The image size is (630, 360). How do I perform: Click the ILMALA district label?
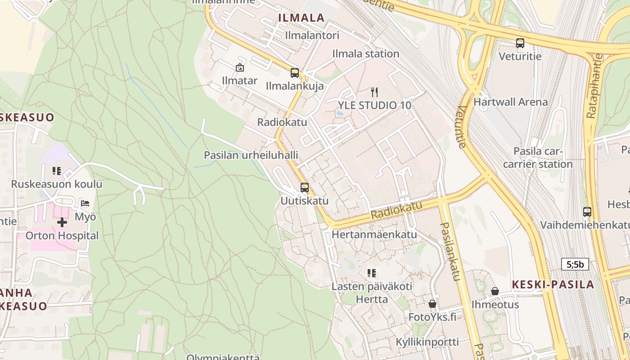point(301,18)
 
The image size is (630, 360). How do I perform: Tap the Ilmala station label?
point(365,54)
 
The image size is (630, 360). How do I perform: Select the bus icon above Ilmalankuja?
point(295,72)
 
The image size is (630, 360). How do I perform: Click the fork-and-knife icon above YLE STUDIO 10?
point(374,92)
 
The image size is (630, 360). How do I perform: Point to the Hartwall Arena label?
point(510,102)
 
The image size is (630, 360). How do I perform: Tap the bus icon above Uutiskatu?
point(305,188)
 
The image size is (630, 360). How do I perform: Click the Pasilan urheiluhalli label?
point(251,155)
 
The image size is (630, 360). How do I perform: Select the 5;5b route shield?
point(575,264)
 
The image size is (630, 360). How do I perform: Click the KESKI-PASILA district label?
point(553,284)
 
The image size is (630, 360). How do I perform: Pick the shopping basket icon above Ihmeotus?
point(495,291)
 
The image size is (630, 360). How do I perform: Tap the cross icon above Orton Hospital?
point(62,222)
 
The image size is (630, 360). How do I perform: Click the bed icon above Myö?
point(85,203)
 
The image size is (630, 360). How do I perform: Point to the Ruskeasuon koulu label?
point(57,184)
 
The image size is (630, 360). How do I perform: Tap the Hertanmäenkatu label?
point(374,234)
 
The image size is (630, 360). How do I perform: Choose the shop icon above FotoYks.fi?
point(432,304)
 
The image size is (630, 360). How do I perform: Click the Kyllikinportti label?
point(427,342)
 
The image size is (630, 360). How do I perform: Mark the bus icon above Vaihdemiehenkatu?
point(587,211)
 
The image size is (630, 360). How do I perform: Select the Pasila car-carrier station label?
point(538,157)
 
